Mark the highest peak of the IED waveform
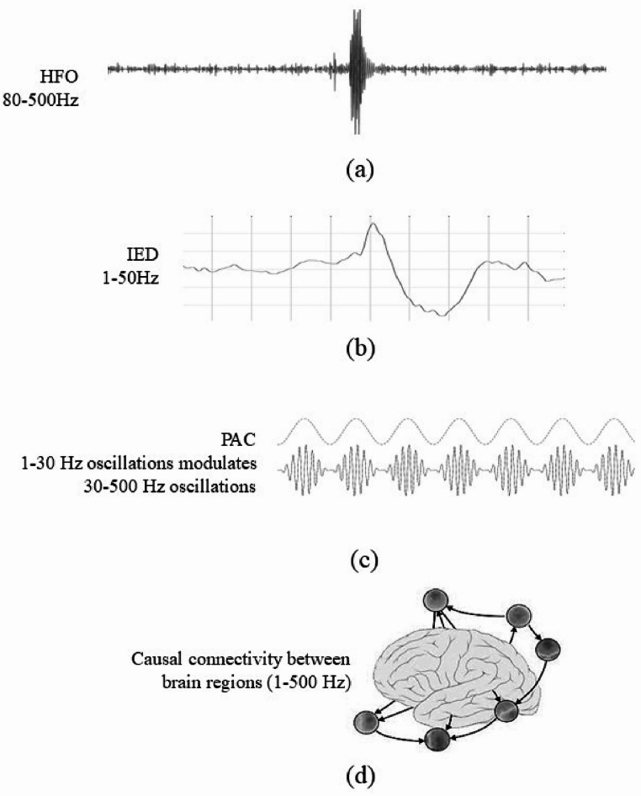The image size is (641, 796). click(374, 225)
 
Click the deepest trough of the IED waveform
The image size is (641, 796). click(441, 314)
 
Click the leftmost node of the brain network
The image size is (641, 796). click(364, 721)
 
